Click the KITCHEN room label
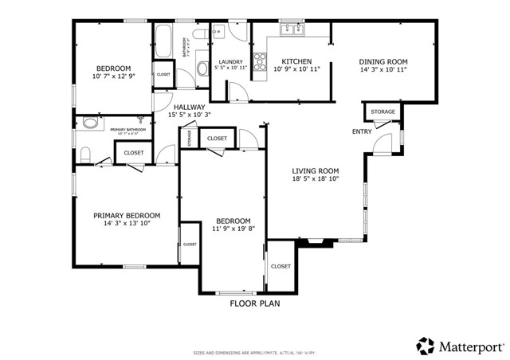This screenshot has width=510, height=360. pos(296,61)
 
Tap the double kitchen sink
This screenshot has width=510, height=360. pos(292,31)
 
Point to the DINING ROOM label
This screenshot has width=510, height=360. pos(382,61)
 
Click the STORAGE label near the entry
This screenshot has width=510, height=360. pos(382,112)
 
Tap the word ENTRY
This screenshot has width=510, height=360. pos(361,131)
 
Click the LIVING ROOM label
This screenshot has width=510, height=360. pos(316,170)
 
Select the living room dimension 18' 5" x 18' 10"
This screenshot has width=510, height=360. pos(316,179)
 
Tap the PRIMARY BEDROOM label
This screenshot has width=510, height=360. pos(127,215)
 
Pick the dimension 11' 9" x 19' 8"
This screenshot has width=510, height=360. pos(233,229)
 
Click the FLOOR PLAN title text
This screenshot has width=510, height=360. pos(254,303)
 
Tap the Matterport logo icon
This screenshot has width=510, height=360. pos(426,346)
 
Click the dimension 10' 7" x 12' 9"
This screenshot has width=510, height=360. pos(113,76)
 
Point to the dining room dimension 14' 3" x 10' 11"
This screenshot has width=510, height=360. pos(382,69)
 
